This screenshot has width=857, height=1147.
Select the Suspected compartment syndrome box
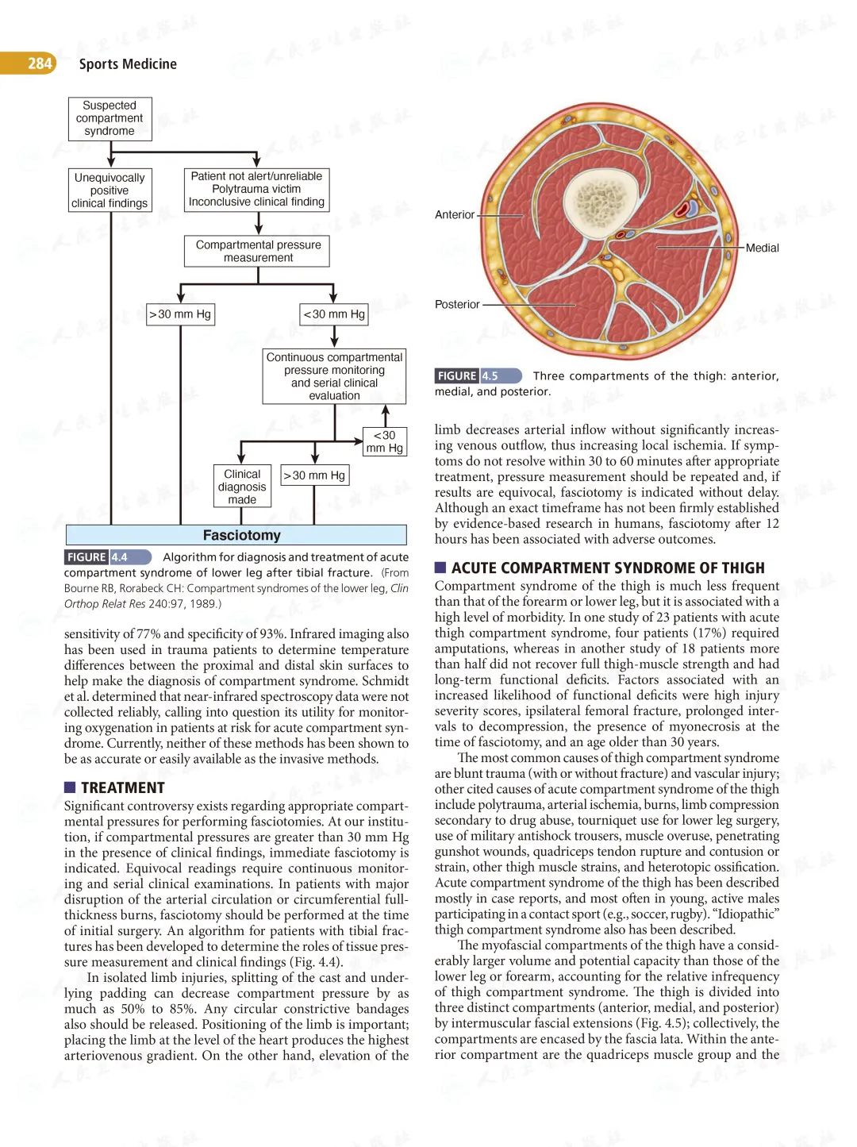[110, 118]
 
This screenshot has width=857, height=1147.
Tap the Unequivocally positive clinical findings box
[110, 191]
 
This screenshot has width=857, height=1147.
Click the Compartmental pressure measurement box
[258, 251]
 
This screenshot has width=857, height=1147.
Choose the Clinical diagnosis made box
[242, 486]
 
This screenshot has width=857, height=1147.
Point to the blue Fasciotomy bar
[236, 535]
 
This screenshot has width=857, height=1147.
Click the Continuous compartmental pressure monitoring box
[334, 376]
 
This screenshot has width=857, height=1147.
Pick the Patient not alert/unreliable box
[256, 189]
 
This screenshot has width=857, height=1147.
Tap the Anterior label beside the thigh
[455, 214]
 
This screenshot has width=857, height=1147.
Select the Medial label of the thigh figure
[762, 248]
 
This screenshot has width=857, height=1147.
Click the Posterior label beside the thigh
[457, 304]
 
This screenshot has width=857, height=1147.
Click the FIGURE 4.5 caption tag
[477, 375]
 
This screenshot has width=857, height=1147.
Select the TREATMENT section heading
[122, 787]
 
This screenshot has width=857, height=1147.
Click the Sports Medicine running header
[128, 64]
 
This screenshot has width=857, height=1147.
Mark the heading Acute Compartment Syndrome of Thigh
[608, 568]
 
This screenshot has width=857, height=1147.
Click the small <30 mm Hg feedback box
[385, 441]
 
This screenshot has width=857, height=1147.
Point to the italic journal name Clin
[399, 588]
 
